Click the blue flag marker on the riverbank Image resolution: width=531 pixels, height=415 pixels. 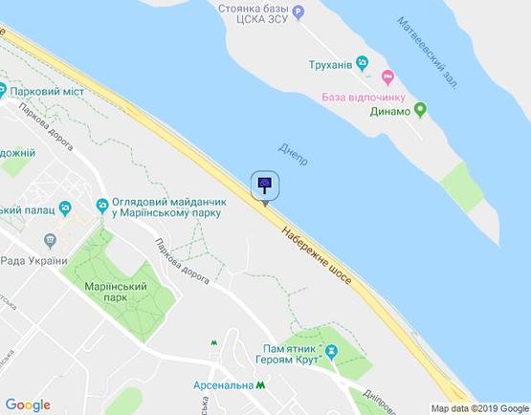[x=265, y=185]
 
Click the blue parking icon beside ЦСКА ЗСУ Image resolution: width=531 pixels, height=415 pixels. [x=299, y=13]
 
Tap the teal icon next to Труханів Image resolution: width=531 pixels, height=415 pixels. [x=363, y=64]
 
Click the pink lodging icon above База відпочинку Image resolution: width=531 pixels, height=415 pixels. [x=387, y=76]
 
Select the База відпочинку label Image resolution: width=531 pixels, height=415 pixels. [x=364, y=97]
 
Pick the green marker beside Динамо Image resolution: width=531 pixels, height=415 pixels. [x=420, y=111]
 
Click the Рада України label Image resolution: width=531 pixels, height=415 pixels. [x=33, y=261]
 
